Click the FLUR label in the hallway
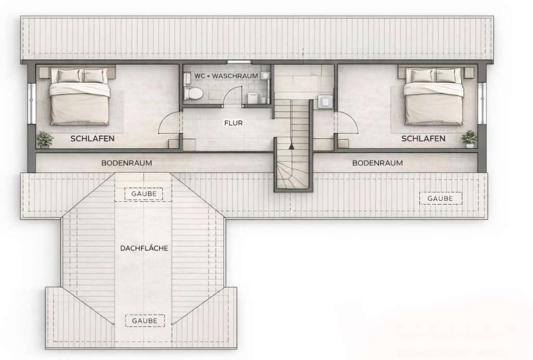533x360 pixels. click(234, 123)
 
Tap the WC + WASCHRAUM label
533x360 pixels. click(226, 76)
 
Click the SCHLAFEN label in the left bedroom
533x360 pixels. click(93, 138)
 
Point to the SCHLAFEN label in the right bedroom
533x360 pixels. click(423, 138)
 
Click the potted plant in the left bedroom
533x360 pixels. click(45, 139)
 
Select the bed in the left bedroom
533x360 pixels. click(80, 96)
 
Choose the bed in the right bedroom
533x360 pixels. click(434, 96)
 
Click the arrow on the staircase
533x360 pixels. click(291, 146)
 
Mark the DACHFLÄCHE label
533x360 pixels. click(144, 248)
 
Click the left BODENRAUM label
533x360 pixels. click(126, 163)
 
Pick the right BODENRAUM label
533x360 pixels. click(377, 163)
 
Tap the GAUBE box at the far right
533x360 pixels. click(440, 198)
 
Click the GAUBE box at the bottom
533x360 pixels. click(145, 320)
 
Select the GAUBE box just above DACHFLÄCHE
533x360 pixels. click(144, 194)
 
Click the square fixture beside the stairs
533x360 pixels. click(323, 102)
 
